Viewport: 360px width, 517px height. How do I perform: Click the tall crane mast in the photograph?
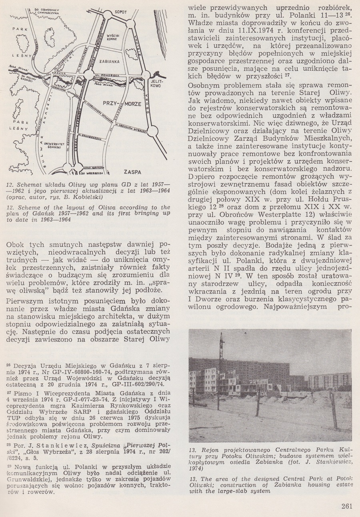tap(221, 360)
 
